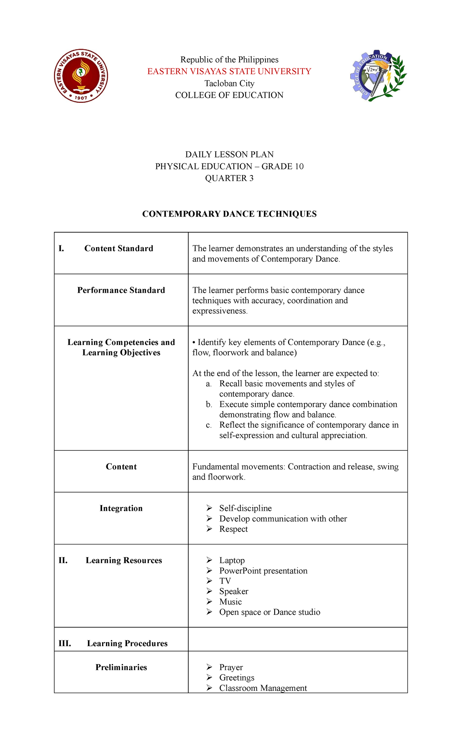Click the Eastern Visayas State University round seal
pos(81,76)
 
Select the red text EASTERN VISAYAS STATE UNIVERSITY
pos(229,71)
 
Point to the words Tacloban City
pos(229,83)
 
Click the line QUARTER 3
pos(229,178)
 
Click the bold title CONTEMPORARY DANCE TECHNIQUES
pos(229,214)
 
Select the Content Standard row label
pos(119,248)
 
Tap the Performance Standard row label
pos(121,290)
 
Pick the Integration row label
pos(121,508)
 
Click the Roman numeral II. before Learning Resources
pos(63,560)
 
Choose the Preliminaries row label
pos(121,667)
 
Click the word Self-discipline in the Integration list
pos(245,508)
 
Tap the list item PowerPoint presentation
pos(263,571)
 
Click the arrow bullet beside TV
pos(209,581)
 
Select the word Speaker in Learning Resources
pos(234,591)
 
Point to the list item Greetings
pos(236,677)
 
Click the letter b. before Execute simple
pos(209,404)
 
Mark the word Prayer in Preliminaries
pos(231,667)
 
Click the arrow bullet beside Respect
pos(209,529)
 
